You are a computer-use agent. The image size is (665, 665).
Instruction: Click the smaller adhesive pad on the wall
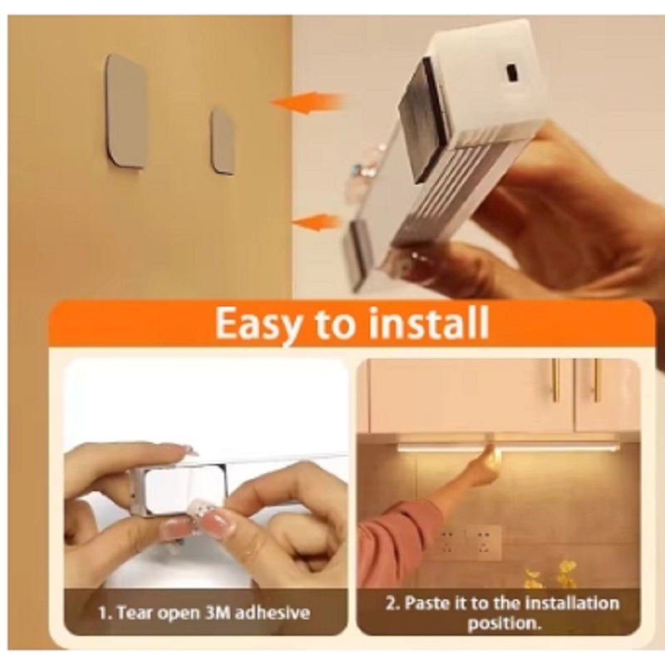[223, 140]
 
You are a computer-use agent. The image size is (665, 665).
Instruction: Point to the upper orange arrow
[307, 103]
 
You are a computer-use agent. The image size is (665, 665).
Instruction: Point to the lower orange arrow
[318, 222]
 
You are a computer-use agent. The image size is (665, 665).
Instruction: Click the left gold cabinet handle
[555, 380]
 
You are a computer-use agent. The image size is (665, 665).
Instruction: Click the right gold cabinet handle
[596, 380]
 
